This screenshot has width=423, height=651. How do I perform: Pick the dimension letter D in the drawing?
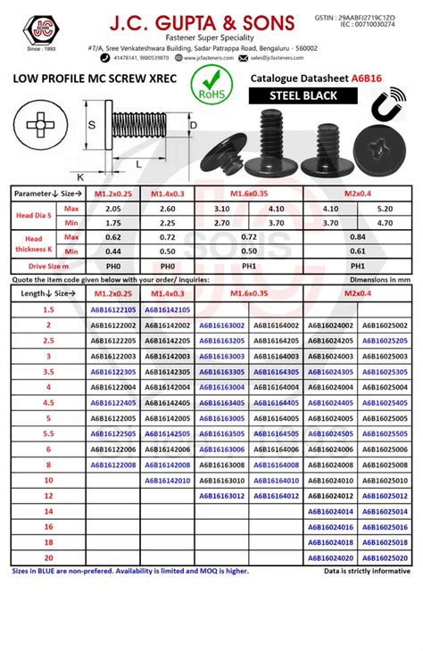coord(195,128)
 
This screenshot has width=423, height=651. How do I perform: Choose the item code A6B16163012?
coord(222,496)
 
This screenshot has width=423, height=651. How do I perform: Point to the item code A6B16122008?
coord(113,465)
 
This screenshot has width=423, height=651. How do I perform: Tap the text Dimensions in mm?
coord(381,279)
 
